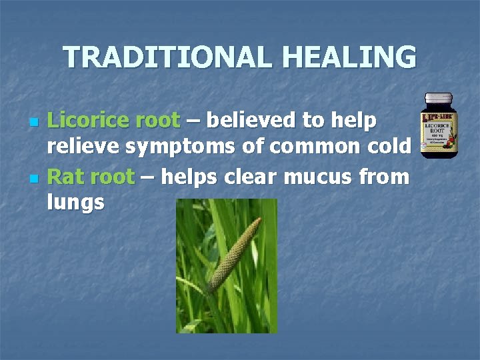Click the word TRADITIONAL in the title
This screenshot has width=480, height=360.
161,57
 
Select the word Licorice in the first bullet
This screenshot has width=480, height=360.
88,121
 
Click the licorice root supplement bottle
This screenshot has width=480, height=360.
439,126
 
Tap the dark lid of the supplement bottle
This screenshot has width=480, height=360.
439,100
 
